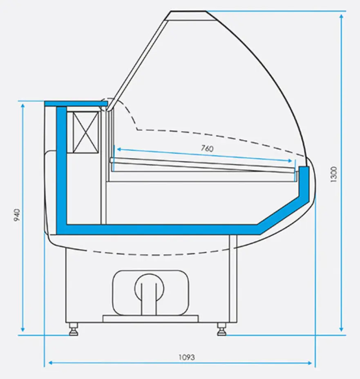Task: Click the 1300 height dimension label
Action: point(333,174)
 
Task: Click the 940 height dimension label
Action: point(17,215)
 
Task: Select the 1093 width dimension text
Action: point(187,357)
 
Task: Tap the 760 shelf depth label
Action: point(207,148)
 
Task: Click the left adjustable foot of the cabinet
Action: point(74,330)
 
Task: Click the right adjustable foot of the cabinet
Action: point(221,330)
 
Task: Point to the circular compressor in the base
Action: point(149,288)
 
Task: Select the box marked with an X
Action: point(85,132)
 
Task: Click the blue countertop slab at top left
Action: point(76,104)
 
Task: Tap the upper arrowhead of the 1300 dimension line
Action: point(341,16)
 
